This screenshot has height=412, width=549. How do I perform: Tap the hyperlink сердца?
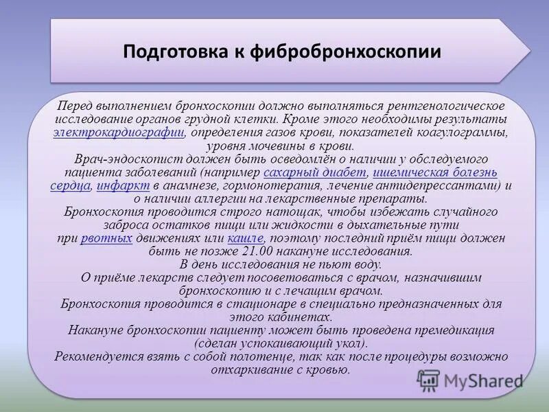click(x=71, y=185)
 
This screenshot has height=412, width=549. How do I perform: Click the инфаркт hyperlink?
click(x=123, y=185)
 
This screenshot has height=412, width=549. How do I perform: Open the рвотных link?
click(x=106, y=238)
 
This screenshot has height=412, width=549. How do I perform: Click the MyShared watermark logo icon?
click(x=428, y=380)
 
